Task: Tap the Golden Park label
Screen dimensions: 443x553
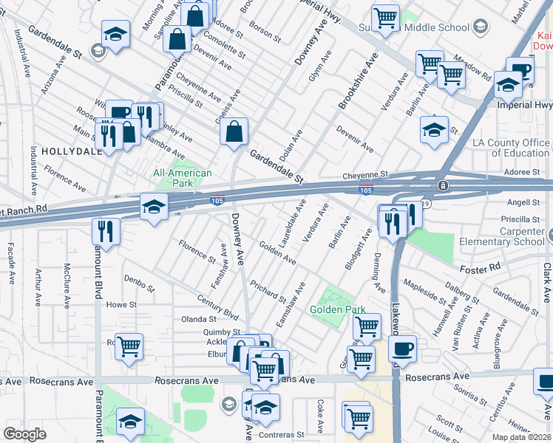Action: point(337,309)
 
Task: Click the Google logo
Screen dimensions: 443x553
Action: point(24,434)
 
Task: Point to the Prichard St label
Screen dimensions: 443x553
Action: point(268,291)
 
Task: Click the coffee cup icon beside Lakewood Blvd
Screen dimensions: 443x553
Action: point(402,348)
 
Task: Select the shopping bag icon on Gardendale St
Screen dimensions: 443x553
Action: point(234,132)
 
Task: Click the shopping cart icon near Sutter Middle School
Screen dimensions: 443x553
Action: point(385,18)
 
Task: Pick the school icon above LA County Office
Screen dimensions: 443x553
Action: point(435,131)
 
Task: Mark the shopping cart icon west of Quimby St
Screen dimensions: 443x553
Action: point(129,345)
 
